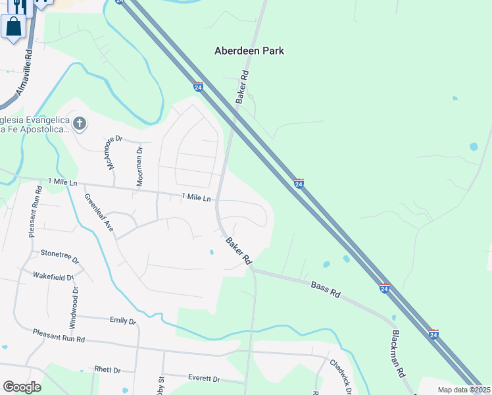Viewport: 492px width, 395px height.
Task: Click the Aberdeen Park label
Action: click(249, 51)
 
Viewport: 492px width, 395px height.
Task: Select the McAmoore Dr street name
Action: click(111, 152)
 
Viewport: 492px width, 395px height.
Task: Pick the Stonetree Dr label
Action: click(59, 252)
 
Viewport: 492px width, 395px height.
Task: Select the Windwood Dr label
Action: click(74, 307)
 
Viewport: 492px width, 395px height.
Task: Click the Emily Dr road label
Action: click(122, 321)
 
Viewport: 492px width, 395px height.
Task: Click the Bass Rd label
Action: click(325, 290)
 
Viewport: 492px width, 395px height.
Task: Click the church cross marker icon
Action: click(79, 123)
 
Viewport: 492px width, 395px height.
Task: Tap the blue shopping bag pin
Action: click(14, 28)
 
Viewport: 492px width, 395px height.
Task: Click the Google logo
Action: click(22, 387)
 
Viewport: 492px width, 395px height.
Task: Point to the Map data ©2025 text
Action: click(463, 390)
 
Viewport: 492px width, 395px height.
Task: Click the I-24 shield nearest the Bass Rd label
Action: click(384, 288)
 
